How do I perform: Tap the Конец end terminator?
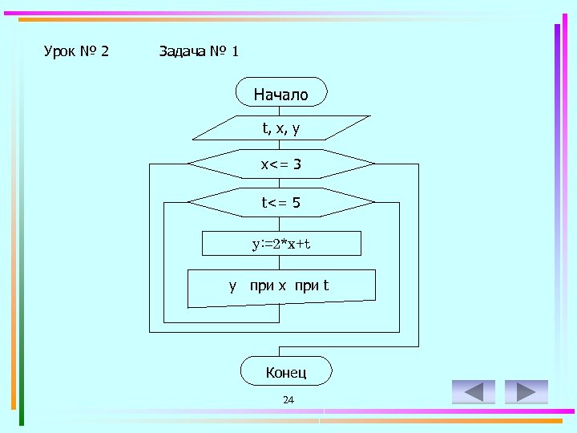point(285,371)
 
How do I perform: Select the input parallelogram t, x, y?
point(280,127)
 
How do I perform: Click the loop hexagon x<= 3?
point(280,164)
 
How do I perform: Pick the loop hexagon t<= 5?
point(280,202)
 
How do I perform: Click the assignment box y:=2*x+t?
point(281,243)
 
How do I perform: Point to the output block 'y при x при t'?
point(280,287)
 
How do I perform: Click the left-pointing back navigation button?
point(474,391)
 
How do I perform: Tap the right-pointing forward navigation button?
point(527,391)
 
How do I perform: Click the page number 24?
point(288,400)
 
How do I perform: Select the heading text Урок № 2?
point(76,52)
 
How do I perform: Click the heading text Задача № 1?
point(199,52)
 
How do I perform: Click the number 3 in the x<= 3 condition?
point(297,164)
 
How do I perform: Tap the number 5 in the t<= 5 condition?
point(297,203)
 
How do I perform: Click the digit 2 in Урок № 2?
point(105,52)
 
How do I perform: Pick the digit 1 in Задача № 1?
point(235,52)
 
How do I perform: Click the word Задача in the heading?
point(181,52)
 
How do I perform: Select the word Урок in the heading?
point(59,52)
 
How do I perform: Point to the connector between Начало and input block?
point(279,111)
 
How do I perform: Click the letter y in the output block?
point(232,286)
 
